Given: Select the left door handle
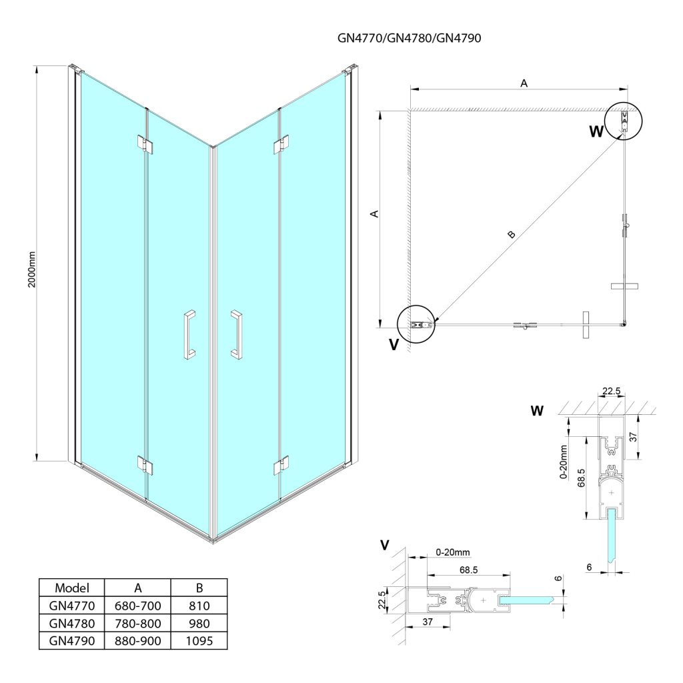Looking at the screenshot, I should [189, 335].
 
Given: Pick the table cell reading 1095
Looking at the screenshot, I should [199, 641].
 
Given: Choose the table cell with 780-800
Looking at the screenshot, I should [138, 624].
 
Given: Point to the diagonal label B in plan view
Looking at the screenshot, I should [511, 234].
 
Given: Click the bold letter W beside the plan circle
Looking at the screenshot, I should [596, 131].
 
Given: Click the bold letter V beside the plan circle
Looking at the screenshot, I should [394, 346].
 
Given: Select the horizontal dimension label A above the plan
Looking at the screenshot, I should [524, 83].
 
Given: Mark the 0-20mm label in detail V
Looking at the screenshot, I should [454, 552].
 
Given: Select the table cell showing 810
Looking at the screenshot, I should [199, 606].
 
